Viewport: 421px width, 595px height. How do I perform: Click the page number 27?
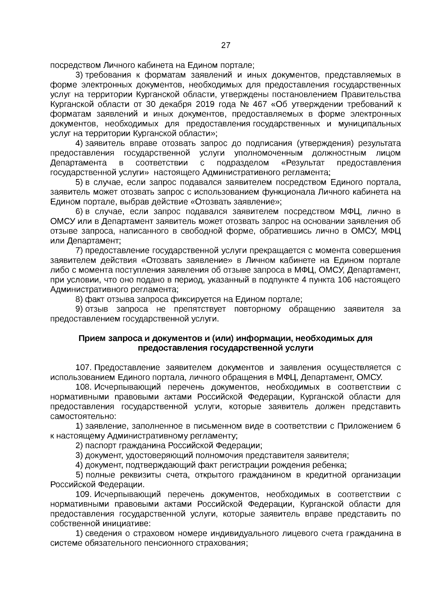point(226,45)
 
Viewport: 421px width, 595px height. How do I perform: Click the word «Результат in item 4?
point(303,163)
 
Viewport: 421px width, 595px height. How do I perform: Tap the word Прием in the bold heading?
point(92,338)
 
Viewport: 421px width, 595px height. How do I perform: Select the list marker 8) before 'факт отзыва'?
point(79,299)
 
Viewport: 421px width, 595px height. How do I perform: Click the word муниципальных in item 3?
point(370,124)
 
